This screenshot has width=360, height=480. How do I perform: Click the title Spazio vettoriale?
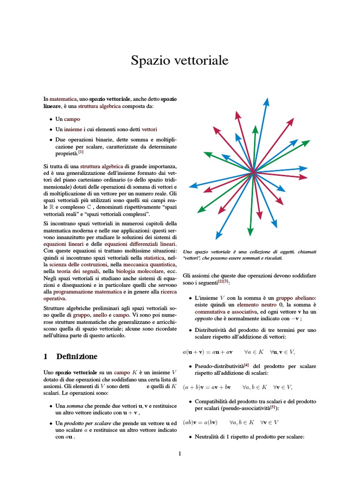coord(180,60)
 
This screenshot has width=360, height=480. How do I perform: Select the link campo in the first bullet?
coord(72,119)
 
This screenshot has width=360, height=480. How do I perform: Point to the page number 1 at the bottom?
coord(180,453)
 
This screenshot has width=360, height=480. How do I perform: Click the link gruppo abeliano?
coord(296,298)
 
